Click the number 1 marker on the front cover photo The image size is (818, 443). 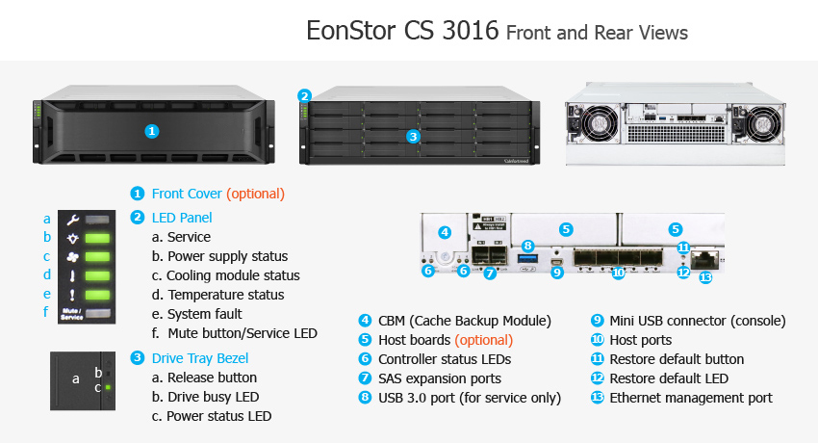tap(152, 131)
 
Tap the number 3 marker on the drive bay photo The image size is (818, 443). tap(413, 137)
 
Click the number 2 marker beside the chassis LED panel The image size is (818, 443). tap(305, 96)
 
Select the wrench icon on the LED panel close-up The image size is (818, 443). tap(72, 220)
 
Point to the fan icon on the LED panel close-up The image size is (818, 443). tap(72, 257)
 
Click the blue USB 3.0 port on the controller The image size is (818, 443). tap(527, 259)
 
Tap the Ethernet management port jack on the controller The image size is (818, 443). tap(704, 259)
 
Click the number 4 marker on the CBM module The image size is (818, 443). tap(445, 232)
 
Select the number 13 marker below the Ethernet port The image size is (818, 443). tap(705, 277)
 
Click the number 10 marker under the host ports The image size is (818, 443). tap(618, 273)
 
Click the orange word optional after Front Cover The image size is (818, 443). tap(256, 194)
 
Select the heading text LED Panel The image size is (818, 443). tap(182, 218)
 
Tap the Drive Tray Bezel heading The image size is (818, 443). tap(200, 358)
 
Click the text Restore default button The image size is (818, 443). tap(677, 359)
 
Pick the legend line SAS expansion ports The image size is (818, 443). tap(440, 378)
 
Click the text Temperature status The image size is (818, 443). tap(226, 295)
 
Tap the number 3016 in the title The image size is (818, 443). tap(470, 30)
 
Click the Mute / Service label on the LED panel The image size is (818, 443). tap(72, 314)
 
